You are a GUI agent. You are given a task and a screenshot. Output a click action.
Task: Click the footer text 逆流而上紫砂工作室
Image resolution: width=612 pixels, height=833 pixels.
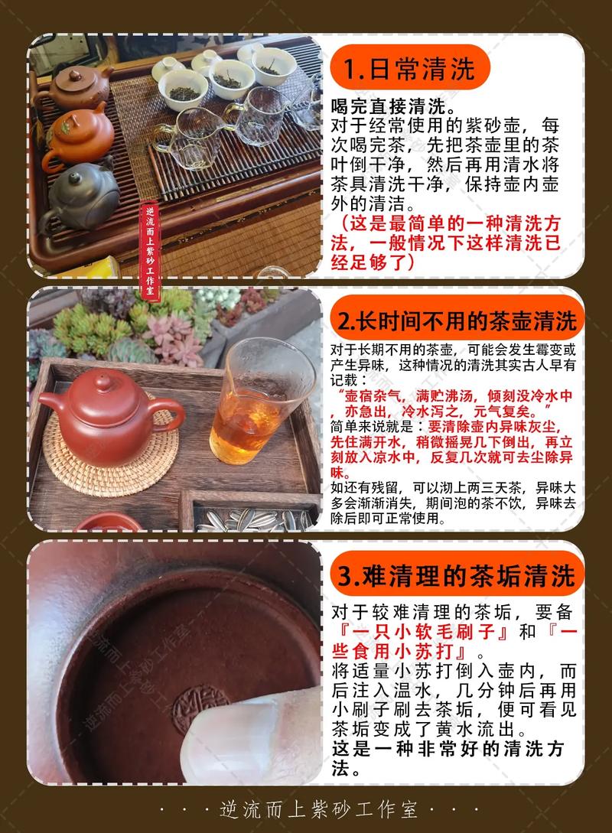tap(306, 809)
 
